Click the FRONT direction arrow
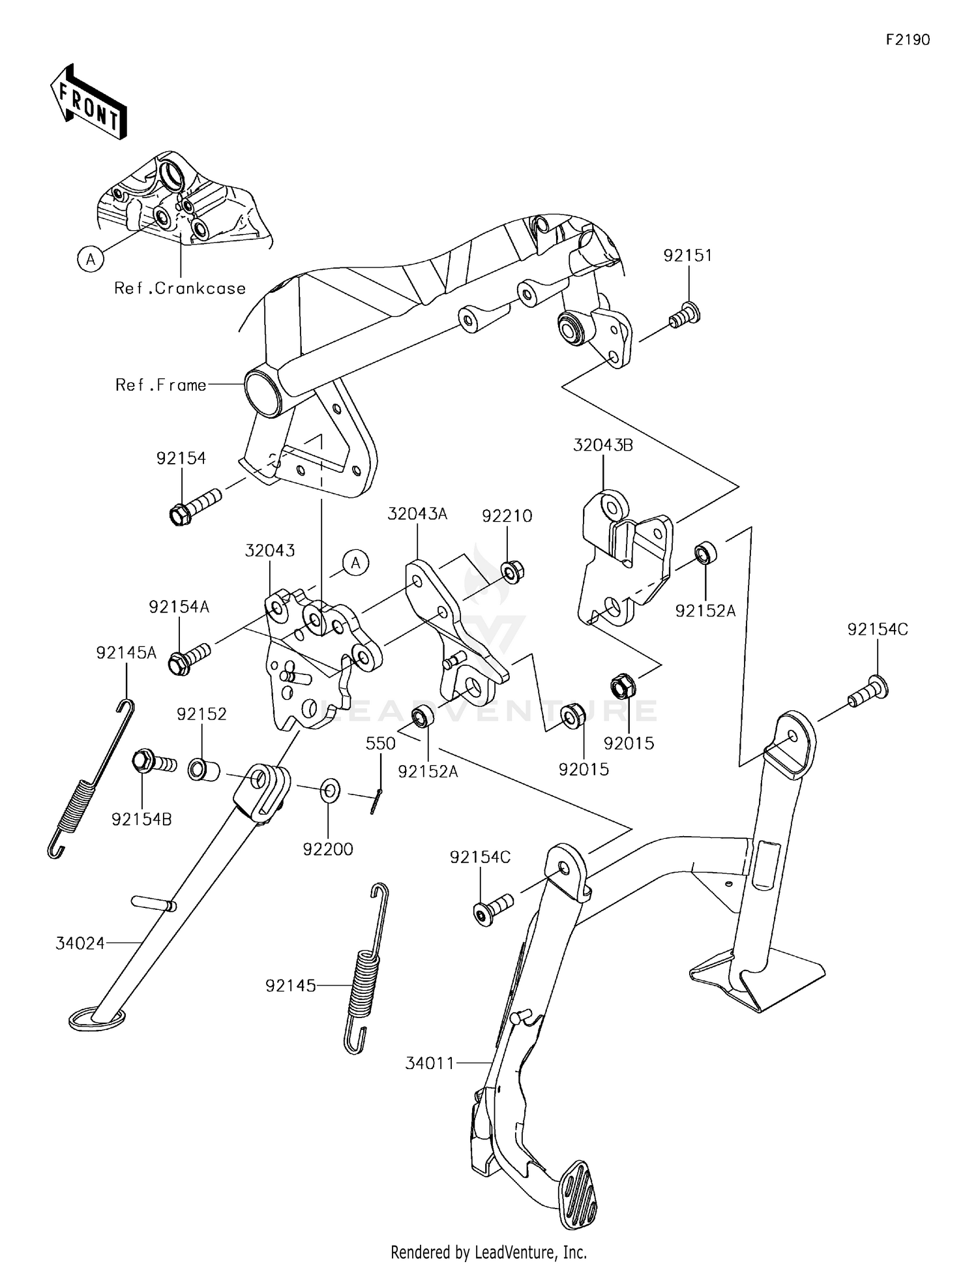click(88, 102)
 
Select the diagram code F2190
click(908, 40)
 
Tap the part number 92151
click(688, 256)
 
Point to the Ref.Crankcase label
click(180, 288)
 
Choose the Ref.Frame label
click(160, 385)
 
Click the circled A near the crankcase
click(91, 260)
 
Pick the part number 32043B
click(603, 445)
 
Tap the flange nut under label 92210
click(512, 572)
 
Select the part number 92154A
click(179, 607)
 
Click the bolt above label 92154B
click(154, 762)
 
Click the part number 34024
click(80, 943)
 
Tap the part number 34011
click(430, 1063)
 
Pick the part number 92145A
click(126, 653)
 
